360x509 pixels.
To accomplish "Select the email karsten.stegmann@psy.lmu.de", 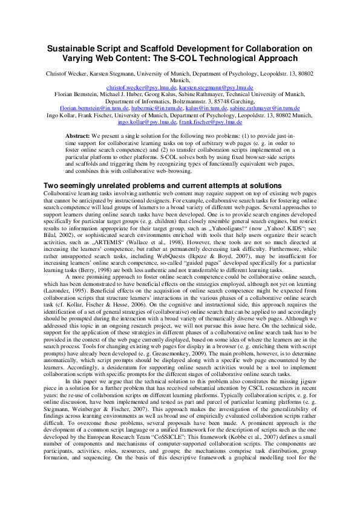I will coord(214,87).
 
